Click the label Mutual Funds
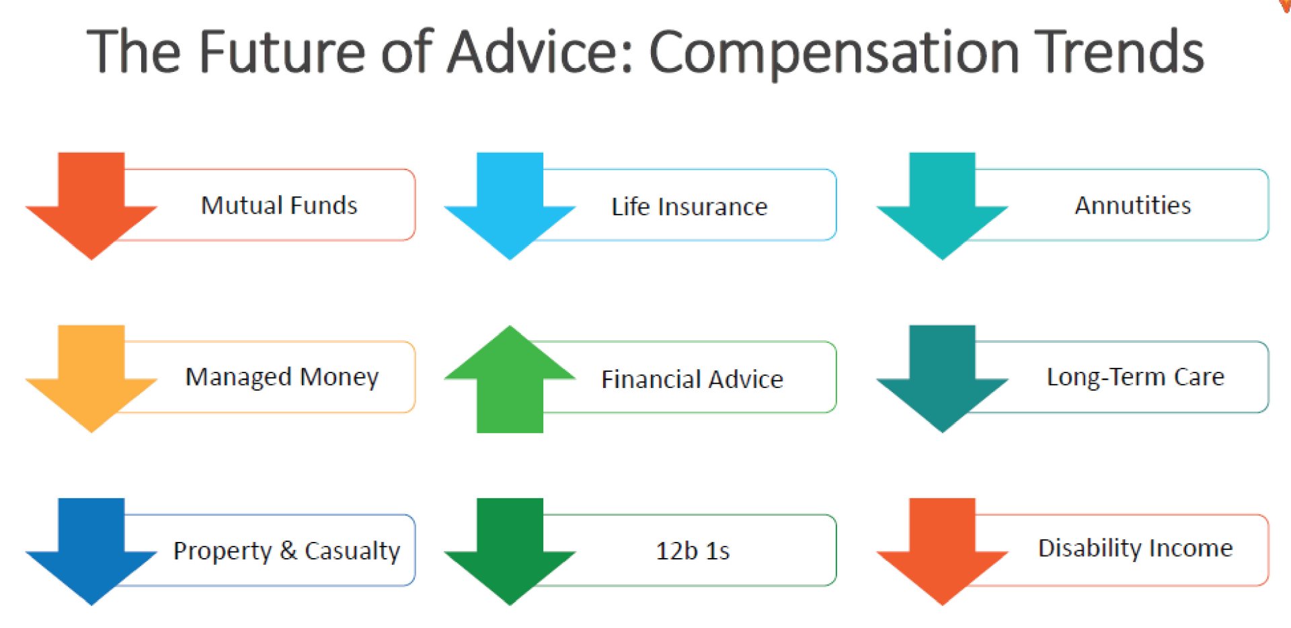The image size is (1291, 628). [x=279, y=205]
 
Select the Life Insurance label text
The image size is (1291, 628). [x=689, y=206]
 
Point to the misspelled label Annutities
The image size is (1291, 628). [x=1133, y=205]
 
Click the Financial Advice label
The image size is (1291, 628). [x=692, y=379]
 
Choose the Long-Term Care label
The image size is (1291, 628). [x=1136, y=377]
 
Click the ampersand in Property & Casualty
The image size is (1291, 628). [x=288, y=550]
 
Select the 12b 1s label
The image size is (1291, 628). [x=693, y=551]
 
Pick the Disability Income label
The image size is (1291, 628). [x=1136, y=549]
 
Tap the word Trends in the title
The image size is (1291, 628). [x=1118, y=51]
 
